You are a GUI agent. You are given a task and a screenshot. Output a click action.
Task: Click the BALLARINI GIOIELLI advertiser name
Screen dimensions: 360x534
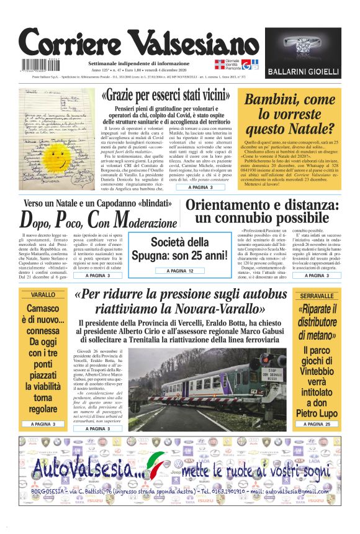[303, 72]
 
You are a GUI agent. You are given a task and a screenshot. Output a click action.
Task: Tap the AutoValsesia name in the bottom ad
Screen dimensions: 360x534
[84, 469]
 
